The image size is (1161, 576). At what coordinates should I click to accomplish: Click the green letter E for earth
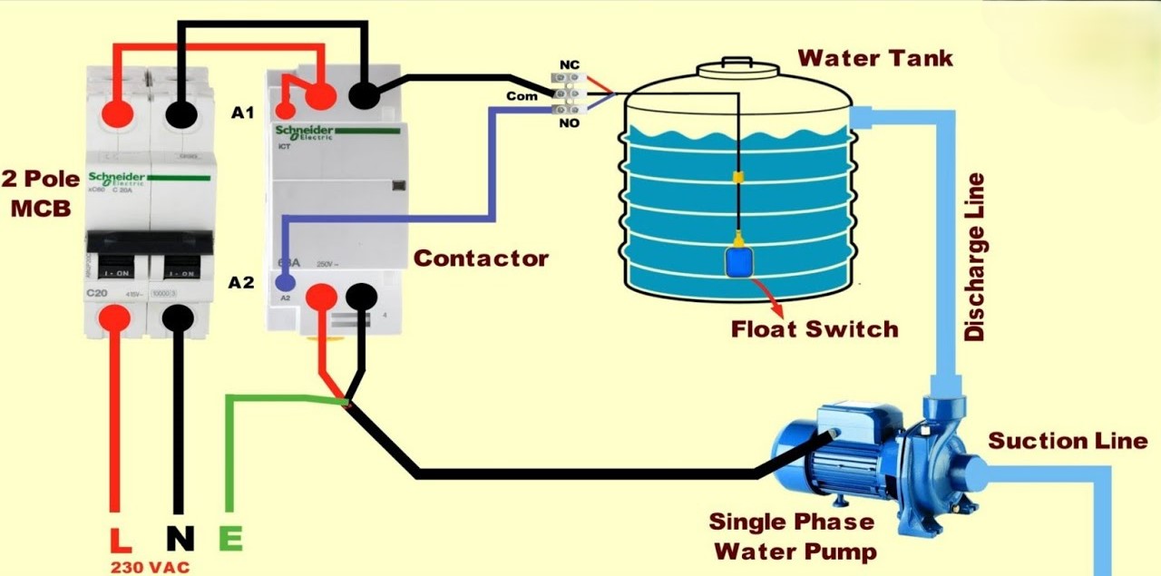[x=230, y=539]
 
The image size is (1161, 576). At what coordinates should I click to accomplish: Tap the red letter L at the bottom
[x=120, y=539]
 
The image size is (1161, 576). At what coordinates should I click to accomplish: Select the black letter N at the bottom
[x=180, y=539]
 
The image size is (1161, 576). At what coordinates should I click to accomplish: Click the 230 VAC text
[x=151, y=567]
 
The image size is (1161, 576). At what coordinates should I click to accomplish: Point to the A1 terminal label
[x=243, y=112]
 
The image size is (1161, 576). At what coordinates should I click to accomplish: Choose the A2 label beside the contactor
[x=241, y=282]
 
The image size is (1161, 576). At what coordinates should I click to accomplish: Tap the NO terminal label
[x=570, y=122]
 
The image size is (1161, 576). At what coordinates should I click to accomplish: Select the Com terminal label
[x=522, y=95]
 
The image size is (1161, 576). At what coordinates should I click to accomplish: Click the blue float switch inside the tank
[x=740, y=261]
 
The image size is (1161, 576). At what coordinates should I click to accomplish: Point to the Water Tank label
[x=875, y=59]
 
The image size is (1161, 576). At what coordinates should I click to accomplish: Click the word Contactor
[x=481, y=259]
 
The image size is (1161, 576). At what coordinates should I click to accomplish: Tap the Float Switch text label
[x=815, y=328]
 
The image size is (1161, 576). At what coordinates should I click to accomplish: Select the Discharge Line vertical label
[x=975, y=258]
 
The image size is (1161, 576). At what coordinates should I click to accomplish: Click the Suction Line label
[x=1068, y=442]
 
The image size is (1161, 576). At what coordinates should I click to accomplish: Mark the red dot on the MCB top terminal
[x=118, y=113]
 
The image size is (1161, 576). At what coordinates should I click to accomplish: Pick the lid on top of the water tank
[x=737, y=67]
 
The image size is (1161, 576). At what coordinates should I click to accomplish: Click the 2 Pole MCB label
[x=41, y=192]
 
